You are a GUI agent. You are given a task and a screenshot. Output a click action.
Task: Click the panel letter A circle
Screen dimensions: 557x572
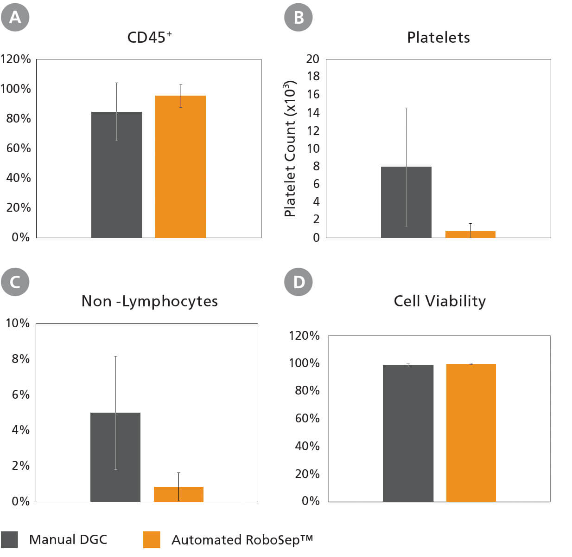pos(15,17)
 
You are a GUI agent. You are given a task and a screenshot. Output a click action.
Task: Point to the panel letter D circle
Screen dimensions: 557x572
pos(299,282)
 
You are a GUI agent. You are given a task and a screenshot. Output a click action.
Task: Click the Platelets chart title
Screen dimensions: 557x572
pos(438,38)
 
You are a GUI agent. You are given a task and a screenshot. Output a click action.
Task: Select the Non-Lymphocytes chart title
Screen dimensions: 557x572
pos(149,301)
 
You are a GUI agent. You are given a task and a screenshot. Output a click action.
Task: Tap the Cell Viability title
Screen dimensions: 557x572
pos(439,301)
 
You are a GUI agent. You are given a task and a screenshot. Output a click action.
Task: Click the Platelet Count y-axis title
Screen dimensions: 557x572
pos(290,149)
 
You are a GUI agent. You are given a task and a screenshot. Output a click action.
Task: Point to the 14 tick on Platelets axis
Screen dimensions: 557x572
pos(313,113)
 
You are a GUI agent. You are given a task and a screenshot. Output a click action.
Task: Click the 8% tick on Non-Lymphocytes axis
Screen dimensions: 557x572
pos(20,359)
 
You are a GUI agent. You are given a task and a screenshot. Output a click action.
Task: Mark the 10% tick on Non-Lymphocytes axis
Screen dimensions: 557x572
pos(18,323)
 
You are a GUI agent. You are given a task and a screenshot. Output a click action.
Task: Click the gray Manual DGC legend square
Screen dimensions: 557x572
pos(9,540)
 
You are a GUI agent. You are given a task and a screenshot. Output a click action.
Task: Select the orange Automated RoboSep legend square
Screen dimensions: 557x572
pos(152,540)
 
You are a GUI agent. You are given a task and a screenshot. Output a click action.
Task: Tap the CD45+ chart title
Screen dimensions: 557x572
pos(149,38)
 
